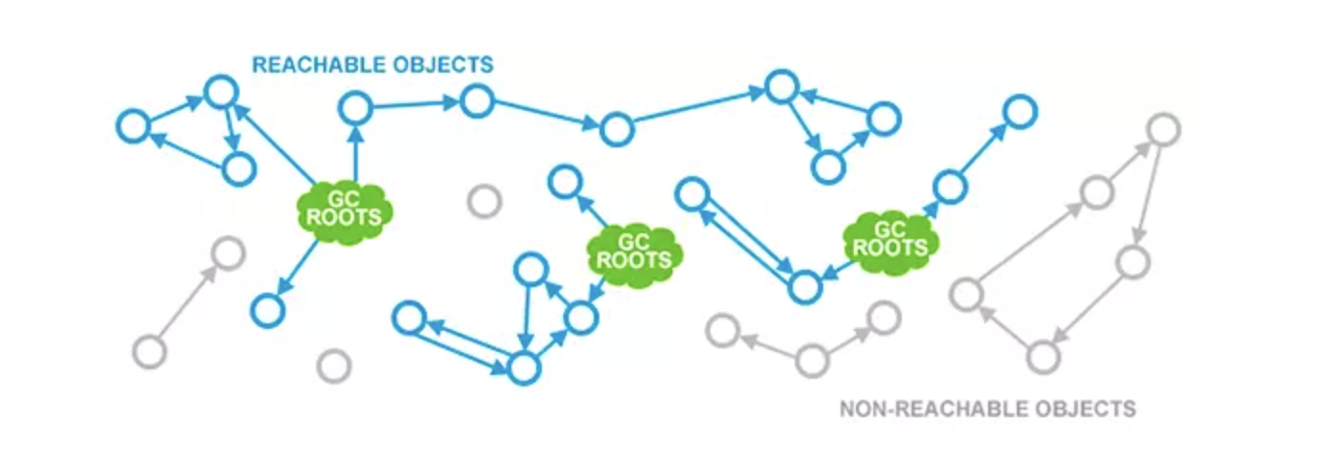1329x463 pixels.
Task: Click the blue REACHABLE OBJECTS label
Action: coord(372,65)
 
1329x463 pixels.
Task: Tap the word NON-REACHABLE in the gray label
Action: coord(911,409)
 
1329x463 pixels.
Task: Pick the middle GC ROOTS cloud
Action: coord(633,250)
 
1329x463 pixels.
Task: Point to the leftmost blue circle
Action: coord(133,126)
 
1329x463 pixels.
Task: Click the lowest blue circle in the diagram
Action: coord(523,368)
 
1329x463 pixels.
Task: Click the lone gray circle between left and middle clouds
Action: coord(484,202)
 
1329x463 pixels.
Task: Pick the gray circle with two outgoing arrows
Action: coord(812,361)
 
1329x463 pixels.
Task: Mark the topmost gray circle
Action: coord(1162,128)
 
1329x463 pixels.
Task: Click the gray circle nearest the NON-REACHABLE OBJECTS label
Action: coord(1043,357)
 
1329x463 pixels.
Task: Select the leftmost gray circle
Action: coord(149,351)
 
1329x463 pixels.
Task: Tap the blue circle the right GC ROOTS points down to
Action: coord(805,285)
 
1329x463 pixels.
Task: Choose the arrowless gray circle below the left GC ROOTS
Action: coord(333,364)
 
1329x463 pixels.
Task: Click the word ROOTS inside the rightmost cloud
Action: coord(890,248)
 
